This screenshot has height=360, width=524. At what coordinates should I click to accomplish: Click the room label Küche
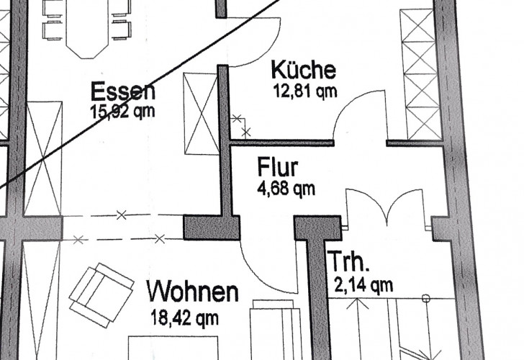304,70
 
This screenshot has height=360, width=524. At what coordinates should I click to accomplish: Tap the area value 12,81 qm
305,91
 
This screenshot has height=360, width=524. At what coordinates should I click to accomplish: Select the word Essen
123,91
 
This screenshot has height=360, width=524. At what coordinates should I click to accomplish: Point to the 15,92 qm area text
122,112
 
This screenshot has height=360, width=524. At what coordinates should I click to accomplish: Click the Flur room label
278,167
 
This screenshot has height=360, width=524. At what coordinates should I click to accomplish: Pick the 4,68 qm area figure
286,189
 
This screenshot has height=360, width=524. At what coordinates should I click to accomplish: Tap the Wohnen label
193,292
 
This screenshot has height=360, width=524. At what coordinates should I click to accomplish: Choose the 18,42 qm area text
185,318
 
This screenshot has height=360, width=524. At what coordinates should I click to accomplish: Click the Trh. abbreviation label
348,261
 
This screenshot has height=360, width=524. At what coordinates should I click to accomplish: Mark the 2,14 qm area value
363,286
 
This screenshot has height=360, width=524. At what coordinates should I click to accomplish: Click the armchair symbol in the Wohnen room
101,295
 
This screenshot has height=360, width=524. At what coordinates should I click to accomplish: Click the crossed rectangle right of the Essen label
202,114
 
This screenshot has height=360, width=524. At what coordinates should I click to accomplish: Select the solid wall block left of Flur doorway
212,228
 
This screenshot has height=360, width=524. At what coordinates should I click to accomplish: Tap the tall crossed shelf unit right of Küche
421,74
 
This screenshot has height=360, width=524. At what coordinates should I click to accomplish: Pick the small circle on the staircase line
426,298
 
